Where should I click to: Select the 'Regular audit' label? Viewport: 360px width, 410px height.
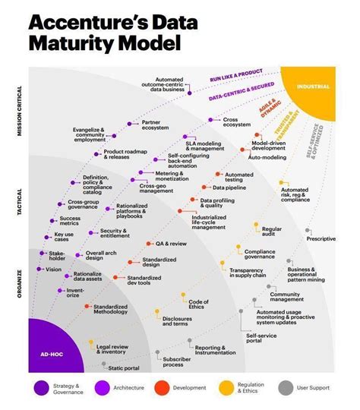(272, 232)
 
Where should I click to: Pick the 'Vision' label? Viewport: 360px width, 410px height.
(54, 269)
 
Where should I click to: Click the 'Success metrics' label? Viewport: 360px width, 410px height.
(70, 222)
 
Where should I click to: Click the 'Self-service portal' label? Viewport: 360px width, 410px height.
(260, 338)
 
